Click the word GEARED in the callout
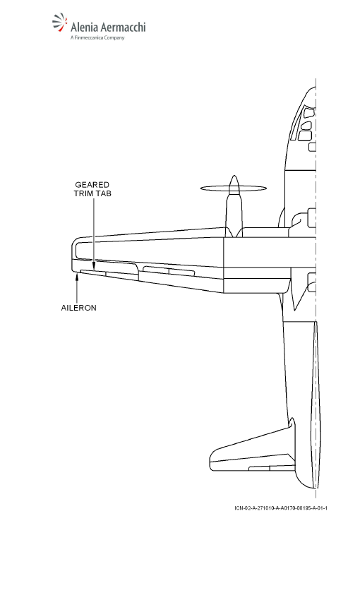coord(92,185)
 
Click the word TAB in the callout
coord(103,193)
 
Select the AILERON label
coord(79,308)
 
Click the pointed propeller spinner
coord(234,184)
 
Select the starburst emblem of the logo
coord(60,21)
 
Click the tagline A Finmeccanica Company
coord(97,37)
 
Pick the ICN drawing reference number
coord(281,508)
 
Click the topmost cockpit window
coord(308,113)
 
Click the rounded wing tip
coord(74,254)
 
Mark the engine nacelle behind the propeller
coord(234,215)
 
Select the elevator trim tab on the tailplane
coord(259,469)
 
